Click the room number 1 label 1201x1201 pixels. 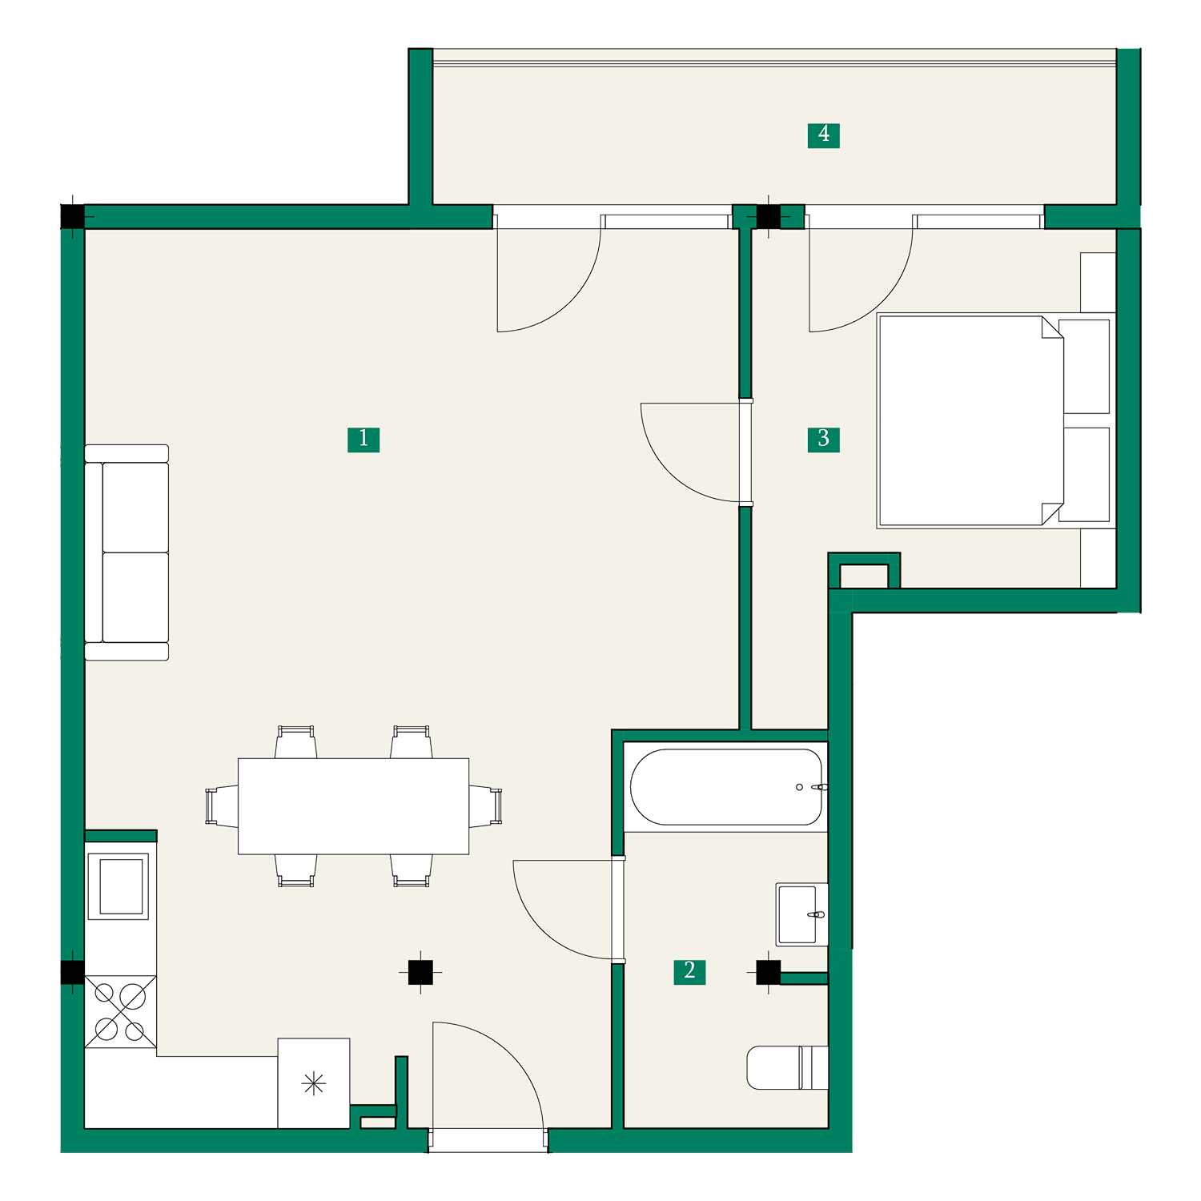(x=364, y=439)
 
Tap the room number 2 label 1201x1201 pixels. (x=689, y=971)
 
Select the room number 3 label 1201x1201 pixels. (x=823, y=439)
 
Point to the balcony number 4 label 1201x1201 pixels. (x=823, y=135)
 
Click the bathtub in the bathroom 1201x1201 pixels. (x=726, y=787)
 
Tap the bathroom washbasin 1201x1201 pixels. (x=801, y=914)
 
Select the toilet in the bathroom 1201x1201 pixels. (x=787, y=1067)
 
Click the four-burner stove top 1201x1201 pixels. (x=121, y=1012)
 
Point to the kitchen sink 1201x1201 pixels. (x=121, y=886)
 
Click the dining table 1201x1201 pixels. (x=353, y=806)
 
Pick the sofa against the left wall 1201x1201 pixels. (x=127, y=552)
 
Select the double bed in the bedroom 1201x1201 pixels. (x=996, y=420)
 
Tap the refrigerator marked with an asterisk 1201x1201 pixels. (x=314, y=1083)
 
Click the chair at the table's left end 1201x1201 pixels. (x=222, y=806)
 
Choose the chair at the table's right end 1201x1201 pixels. (x=485, y=806)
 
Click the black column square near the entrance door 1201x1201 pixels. (x=420, y=972)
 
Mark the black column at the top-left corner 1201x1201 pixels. (x=72, y=217)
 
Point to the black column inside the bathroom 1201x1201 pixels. (x=768, y=972)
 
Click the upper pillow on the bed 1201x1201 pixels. (x=1084, y=367)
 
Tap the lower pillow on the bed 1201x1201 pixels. (x=1084, y=474)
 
